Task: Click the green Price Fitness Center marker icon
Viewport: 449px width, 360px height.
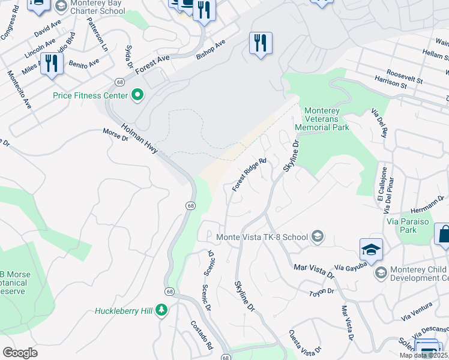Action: coord(137,95)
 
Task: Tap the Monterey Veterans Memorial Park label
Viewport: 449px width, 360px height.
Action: coord(327,119)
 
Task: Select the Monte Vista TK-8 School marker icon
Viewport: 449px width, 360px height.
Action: coord(318,237)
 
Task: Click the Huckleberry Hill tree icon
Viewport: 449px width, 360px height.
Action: coord(161,310)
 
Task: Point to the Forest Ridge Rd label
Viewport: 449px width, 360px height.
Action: coord(249,175)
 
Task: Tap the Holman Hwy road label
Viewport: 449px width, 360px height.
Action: coord(139,138)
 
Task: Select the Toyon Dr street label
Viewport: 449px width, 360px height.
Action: coord(321,291)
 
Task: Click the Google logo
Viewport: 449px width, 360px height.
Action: coord(20,352)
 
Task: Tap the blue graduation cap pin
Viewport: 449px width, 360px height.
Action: coord(371,250)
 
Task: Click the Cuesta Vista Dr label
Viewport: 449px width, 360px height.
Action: coord(304,343)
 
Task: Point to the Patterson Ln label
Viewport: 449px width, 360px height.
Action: coord(97,34)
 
